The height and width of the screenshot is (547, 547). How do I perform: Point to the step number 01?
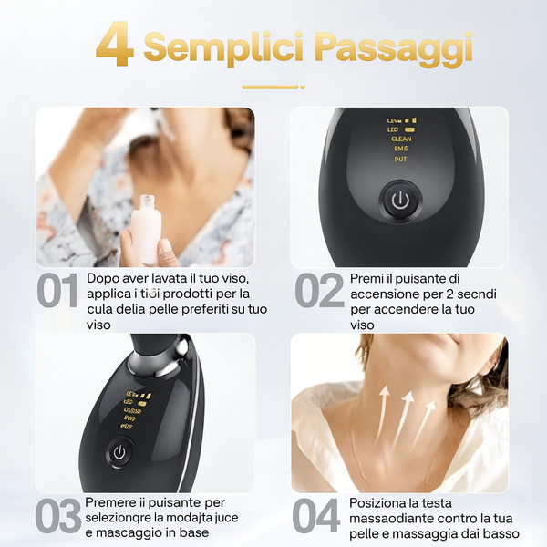pos(58,293)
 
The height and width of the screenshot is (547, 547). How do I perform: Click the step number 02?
pos(319,293)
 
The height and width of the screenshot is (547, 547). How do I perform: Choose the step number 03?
pos(57,517)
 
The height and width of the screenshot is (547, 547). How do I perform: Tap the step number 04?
pos(316,517)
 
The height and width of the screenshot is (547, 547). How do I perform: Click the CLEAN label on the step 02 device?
pos(400,139)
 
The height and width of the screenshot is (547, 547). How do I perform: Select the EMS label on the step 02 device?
pos(400,149)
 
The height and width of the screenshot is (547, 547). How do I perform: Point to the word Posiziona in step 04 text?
pos(380,502)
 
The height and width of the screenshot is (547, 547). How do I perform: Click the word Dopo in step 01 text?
pos(102,277)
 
